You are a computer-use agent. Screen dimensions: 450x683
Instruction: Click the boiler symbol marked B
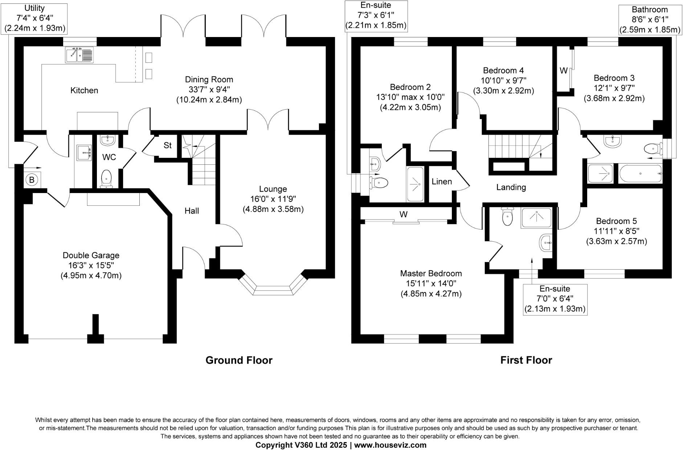32,180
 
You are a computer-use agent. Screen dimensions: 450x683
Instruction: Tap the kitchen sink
79,54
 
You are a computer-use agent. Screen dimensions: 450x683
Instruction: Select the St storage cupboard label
167,146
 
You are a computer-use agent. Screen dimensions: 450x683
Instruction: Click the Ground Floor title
239,360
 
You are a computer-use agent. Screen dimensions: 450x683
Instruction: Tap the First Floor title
526,360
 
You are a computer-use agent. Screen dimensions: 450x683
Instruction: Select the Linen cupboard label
442,181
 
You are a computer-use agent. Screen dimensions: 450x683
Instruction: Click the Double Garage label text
91,255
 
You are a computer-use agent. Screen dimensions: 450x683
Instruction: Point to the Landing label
511,187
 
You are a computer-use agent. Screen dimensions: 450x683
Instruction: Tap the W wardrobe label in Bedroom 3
563,71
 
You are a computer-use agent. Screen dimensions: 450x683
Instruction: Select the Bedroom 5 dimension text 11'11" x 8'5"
616,231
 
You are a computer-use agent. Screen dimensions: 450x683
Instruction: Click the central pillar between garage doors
95,328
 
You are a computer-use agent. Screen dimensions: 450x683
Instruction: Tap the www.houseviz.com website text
390,445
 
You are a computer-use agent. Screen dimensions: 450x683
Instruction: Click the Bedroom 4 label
503,70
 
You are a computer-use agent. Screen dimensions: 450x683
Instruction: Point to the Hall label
192,211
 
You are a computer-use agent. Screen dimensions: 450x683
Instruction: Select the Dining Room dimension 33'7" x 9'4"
209,90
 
